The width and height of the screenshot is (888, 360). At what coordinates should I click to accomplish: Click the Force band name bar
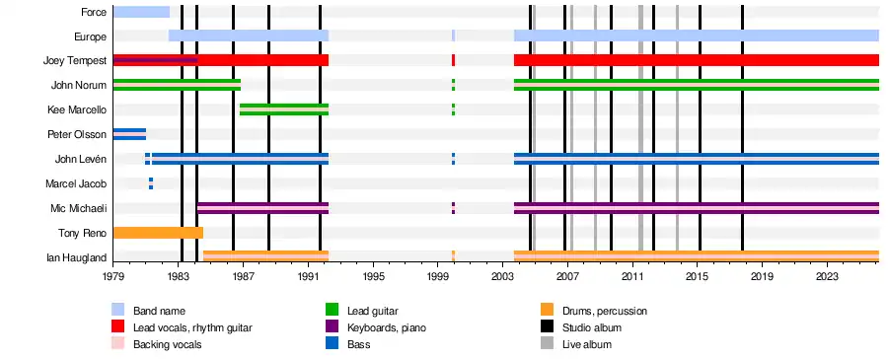point(141,12)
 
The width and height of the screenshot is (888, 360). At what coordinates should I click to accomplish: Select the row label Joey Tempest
point(75,60)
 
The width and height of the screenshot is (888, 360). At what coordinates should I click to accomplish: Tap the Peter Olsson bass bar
point(129,134)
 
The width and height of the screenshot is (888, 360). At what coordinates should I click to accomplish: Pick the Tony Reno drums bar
point(158,233)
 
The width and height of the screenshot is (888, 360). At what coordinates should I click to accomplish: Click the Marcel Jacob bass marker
point(151,183)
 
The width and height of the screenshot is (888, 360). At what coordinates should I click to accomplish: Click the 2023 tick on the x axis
point(828,263)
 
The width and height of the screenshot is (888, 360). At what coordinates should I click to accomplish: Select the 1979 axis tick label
point(113,277)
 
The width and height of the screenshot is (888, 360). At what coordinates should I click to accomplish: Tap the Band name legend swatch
point(117,310)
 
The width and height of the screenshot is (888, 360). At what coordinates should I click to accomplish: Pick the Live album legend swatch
point(547,343)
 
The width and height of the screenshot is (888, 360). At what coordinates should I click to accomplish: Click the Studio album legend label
point(592,327)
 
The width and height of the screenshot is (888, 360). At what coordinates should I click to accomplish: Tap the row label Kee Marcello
point(77,109)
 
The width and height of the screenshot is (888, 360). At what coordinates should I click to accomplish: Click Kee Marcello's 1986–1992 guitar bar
point(284,109)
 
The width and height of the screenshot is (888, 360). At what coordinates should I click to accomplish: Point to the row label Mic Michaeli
point(78,208)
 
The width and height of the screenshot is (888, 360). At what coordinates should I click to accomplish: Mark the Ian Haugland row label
point(76,257)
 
